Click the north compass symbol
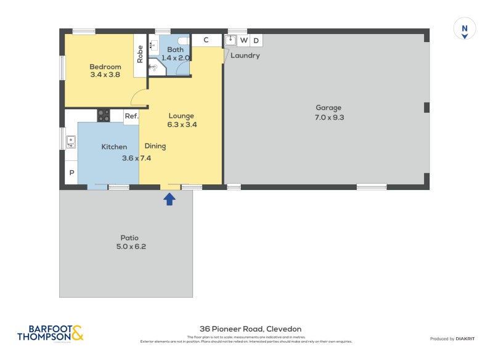pyautogui.click(x=465, y=29)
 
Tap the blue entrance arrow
pyautogui.click(x=169, y=198)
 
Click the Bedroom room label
pyautogui.click(x=104, y=67)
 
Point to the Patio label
pyautogui.click(x=129, y=238)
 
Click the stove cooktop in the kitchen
pyautogui.click(x=103, y=115)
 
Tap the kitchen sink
pyautogui.click(x=71, y=142)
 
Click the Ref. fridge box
pyautogui.click(x=131, y=116)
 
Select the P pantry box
pyautogui.click(x=71, y=173)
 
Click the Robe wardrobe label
pyautogui.click(x=141, y=54)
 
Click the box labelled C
pyautogui.click(x=206, y=40)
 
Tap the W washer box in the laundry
pyautogui.click(x=244, y=41)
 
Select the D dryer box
pyautogui.click(x=256, y=41)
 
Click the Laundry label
pyautogui.click(x=245, y=55)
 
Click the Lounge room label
pyautogui.click(x=181, y=116)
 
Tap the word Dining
pyautogui.click(x=155, y=146)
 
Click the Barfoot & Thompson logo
pyautogui.click(x=50, y=333)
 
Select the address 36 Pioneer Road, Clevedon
pyautogui.click(x=250, y=329)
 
